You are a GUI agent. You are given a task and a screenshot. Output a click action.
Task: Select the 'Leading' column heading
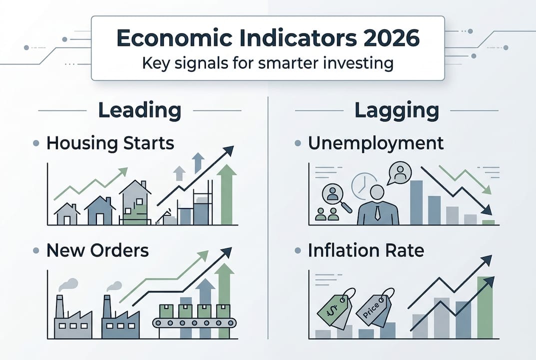(139, 110)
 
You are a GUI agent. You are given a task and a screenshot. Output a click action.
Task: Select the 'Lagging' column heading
(397, 110)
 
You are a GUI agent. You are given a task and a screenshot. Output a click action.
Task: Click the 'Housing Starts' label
(110, 143)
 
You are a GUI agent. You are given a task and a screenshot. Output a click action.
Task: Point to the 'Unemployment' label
(376, 143)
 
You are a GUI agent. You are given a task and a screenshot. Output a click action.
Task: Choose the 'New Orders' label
(97, 250)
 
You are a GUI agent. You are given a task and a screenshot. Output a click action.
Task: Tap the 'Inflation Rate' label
(366, 250)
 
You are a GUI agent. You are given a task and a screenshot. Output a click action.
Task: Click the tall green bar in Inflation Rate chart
(485, 307)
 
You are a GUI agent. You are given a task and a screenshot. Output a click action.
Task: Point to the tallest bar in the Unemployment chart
(416, 202)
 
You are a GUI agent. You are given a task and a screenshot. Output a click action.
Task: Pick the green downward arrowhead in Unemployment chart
(487, 190)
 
